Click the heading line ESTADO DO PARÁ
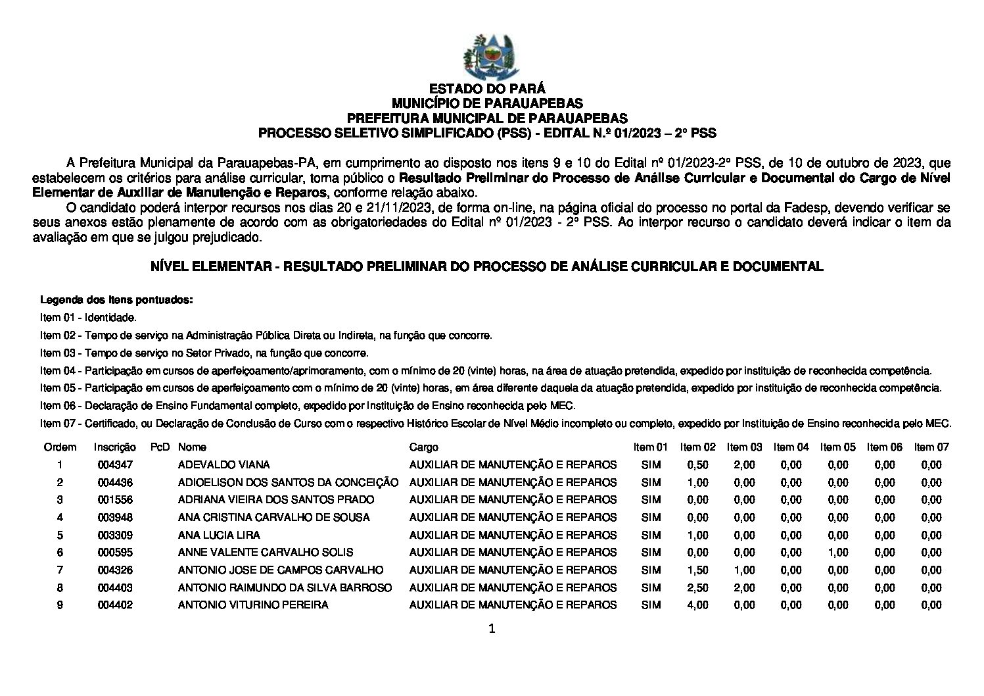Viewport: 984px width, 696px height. (x=487, y=89)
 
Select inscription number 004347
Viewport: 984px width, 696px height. (x=115, y=465)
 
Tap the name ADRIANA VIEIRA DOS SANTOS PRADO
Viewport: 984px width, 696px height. (x=276, y=500)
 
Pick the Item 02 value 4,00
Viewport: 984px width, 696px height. (x=697, y=605)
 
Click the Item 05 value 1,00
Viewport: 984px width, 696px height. (x=838, y=553)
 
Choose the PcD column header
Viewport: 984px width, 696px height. (x=160, y=447)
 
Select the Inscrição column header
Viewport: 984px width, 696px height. (x=115, y=447)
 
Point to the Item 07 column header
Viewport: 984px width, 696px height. (x=931, y=447)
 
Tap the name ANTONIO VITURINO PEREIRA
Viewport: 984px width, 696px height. (x=253, y=605)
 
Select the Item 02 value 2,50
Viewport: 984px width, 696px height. (x=697, y=587)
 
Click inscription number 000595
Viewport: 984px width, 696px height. (x=115, y=553)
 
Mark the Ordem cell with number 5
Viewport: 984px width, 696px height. (x=60, y=535)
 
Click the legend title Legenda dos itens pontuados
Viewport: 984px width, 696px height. (x=117, y=301)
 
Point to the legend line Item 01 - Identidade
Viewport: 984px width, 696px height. (x=89, y=318)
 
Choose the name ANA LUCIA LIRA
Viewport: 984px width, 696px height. (x=219, y=535)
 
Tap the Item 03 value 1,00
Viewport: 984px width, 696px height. (x=744, y=570)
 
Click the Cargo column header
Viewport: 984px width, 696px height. (x=423, y=447)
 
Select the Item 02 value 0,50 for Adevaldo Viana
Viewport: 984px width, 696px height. (x=697, y=465)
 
